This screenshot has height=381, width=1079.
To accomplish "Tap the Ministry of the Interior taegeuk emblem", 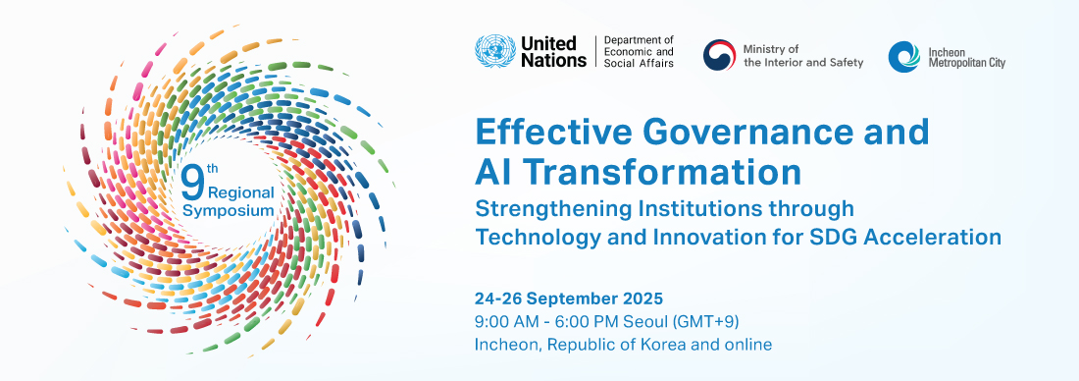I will [x=719, y=55].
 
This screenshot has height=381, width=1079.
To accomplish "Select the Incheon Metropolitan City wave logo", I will [x=903, y=56].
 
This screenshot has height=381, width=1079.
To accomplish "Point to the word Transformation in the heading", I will [x=666, y=173].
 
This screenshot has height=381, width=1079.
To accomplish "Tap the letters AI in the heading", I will [x=493, y=173].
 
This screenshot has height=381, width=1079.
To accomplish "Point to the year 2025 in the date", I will [x=642, y=298].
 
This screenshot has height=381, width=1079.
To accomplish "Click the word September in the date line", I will [x=571, y=298].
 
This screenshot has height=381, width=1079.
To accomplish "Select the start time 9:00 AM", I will [x=505, y=321].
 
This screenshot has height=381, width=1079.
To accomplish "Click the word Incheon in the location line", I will [x=506, y=345].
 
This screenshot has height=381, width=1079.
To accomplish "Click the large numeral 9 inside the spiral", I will [x=193, y=180].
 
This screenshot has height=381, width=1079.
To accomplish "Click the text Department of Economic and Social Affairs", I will [x=639, y=52].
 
